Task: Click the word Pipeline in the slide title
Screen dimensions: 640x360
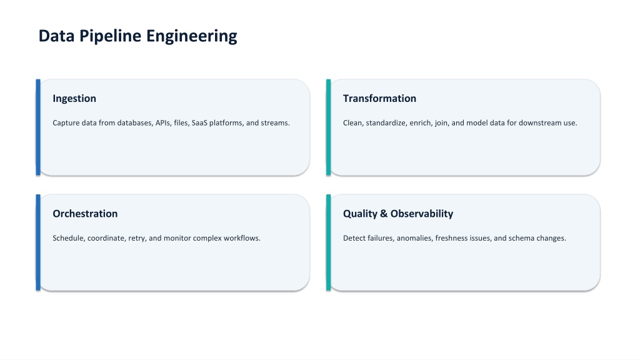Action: tap(110, 36)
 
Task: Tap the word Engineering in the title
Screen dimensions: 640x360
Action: tap(191, 36)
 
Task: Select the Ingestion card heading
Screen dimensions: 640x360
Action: tap(74, 99)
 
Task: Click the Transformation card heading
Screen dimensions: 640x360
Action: tap(379, 98)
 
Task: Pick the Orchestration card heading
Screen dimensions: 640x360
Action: tap(85, 214)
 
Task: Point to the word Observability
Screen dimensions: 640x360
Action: tap(422, 214)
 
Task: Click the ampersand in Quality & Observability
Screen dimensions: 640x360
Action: tap(384, 214)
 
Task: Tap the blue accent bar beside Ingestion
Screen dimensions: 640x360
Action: tap(38, 127)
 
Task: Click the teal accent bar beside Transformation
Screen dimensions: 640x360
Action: tap(328, 127)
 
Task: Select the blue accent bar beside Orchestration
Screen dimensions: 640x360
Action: tap(38, 242)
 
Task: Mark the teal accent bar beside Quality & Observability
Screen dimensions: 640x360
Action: tap(328, 242)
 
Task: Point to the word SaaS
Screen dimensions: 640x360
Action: tap(199, 123)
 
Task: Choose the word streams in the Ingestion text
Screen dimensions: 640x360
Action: tap(276, 123)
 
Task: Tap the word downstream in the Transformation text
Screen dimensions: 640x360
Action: tap(541, 123)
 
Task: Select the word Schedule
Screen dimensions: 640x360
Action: tap(69, 238)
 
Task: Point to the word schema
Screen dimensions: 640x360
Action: tap(521, 238)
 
